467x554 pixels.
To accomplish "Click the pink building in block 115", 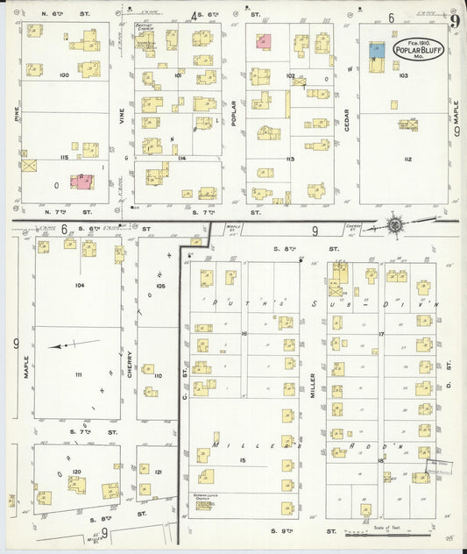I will pos(83,181).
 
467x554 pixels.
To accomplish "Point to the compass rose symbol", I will pos(395,225).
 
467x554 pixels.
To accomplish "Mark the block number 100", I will pos(64,75).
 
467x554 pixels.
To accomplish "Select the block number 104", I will pos(79,286).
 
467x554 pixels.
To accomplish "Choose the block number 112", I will pos(407,159).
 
